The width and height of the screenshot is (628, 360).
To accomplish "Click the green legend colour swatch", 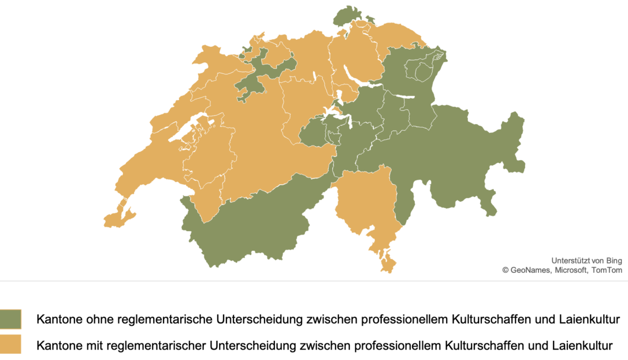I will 10,319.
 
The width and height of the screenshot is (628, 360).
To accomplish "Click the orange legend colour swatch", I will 10,344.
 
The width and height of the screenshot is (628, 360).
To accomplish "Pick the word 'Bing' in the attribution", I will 613,260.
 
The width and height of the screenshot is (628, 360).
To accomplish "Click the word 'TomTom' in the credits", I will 607,270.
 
